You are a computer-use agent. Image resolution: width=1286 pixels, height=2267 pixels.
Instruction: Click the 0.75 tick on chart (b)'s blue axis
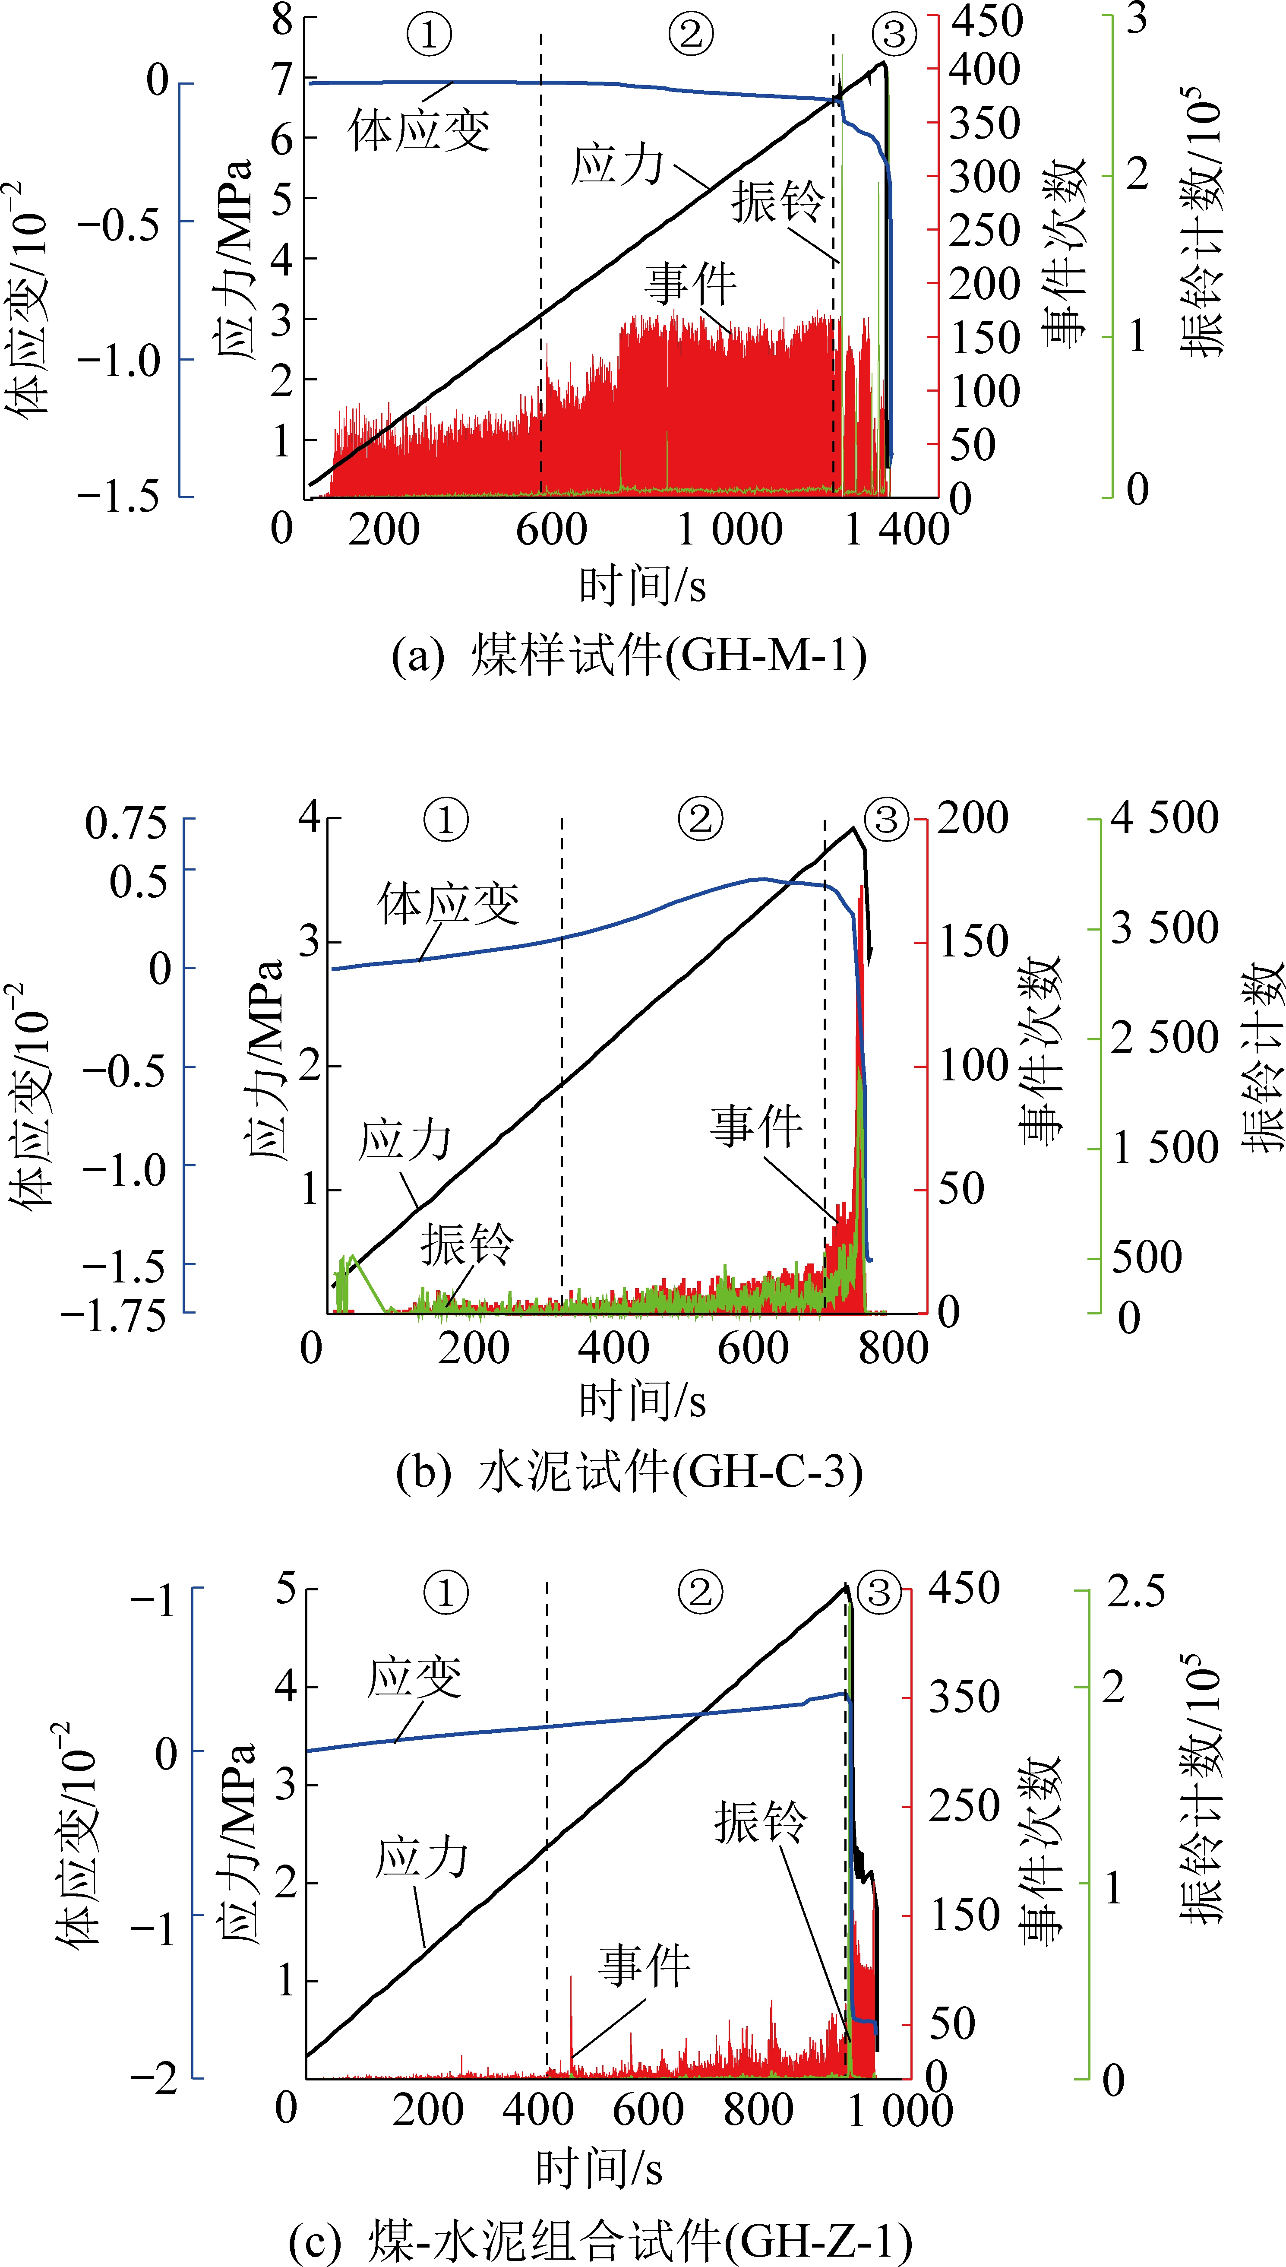click(126, 823)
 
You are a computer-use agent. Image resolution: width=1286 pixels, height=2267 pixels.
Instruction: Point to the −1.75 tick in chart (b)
click(113, 1317)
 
